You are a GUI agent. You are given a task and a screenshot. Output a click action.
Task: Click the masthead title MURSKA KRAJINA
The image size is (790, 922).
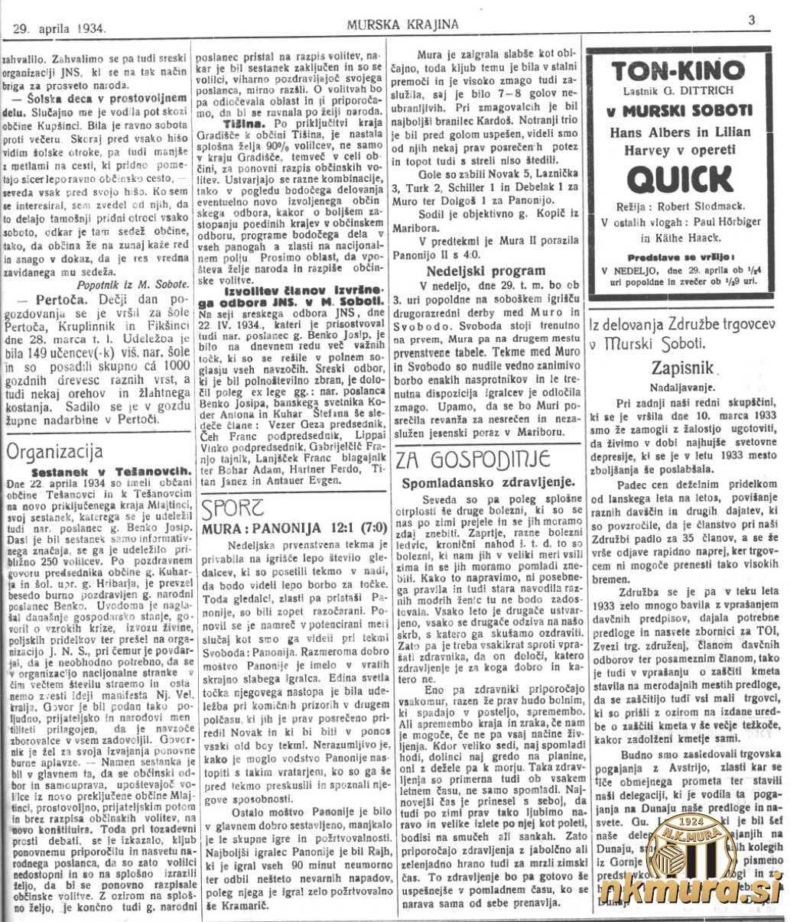pyautogui.click(x=403, y=24)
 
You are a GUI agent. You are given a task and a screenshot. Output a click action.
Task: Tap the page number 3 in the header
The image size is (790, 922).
pyautogui.click(x=752, y=21)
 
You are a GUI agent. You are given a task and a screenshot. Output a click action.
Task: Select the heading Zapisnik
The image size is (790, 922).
pyautogui.click(x=684, y=366)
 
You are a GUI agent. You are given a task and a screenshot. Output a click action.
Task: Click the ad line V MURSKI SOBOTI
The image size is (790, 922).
pyautogui.click(x=680, y=110)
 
